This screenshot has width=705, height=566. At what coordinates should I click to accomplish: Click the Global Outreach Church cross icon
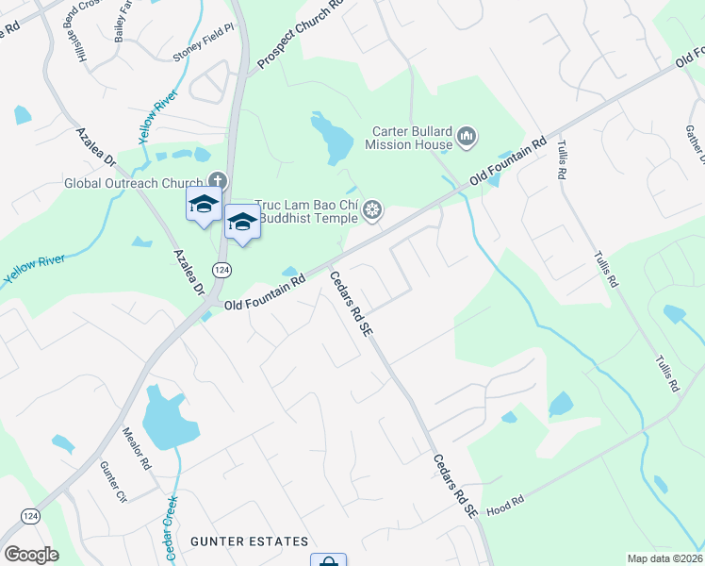coord(218,181)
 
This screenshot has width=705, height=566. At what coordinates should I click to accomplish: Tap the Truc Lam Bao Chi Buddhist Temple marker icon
coord(373,210)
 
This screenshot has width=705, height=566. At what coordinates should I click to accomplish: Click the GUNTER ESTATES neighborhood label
coord(249,541)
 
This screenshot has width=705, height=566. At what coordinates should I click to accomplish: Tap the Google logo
coord(31,554)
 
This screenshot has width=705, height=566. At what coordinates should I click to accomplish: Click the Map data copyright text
coord(664,558)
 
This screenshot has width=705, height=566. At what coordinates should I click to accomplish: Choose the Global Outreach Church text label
coord(133,183)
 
